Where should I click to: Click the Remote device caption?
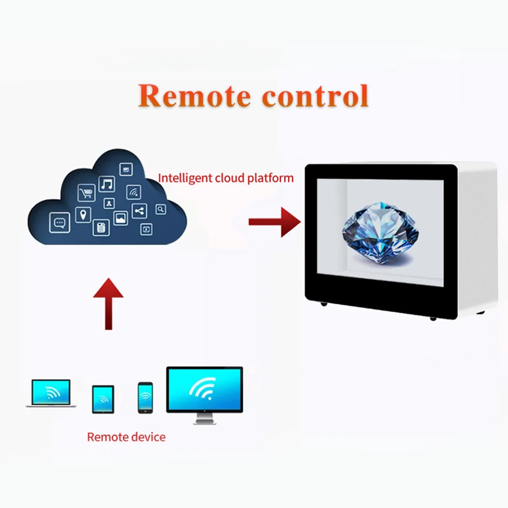coord(126,437)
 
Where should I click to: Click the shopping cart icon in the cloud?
coord(86,193)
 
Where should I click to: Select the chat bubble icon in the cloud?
coord(59,223)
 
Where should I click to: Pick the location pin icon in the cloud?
coord(83,215)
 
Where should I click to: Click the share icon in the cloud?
coord(139,211)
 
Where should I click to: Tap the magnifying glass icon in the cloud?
coord(161,210)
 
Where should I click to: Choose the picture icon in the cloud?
coord(121,218)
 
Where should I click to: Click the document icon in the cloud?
coord(101,228)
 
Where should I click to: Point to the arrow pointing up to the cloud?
coord(108,303)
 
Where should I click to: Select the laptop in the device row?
coord(51,393)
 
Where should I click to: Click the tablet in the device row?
coord(103,398)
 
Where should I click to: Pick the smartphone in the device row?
coord(145,397)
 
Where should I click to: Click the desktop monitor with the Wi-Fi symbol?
coord(204,394)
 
